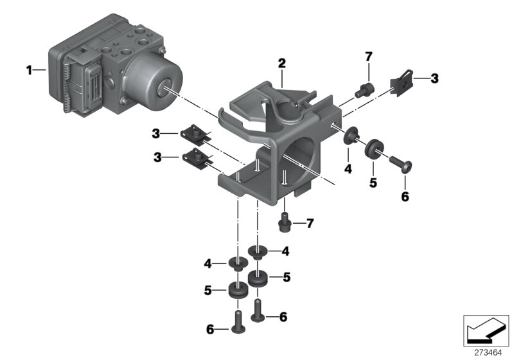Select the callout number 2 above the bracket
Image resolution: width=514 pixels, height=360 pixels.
point(281,63)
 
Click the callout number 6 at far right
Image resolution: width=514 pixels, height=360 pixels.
point(405,197)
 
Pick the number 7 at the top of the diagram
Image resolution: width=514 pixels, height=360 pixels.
point(368,57)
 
